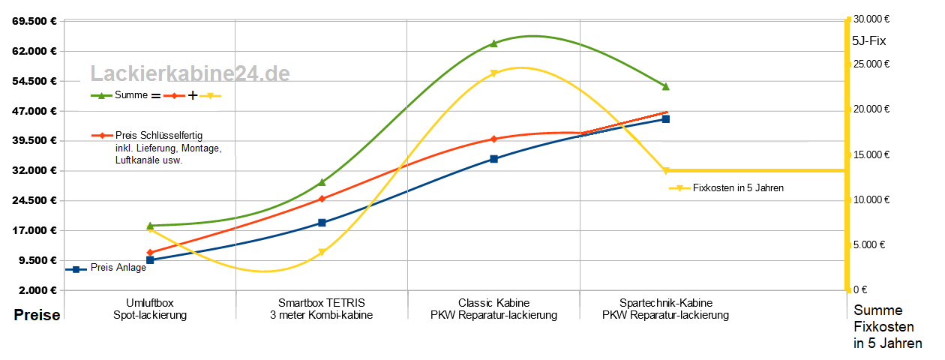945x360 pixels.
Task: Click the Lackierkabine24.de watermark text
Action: pyautogui.click(x=190, y=73)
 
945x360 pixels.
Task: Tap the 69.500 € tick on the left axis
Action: pyautogui.click(x=35, y=21)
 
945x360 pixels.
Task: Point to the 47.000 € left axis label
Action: pyautogui.click(x=35, y=111)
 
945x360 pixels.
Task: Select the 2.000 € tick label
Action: pyautogui.click(x=37, y=290)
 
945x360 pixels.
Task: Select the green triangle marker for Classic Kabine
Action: pyautogui.click(x=493, y=43)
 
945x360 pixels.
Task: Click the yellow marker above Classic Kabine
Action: pyautogui.click(x=493, y=73)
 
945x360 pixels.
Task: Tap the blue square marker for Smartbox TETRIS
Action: pyautogui.click(x=322, y=223)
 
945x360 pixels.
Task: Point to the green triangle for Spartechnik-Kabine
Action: pyautogui.click(x=665, y=87)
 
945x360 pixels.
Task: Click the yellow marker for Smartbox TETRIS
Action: pyautogui.click(x=322, y=253)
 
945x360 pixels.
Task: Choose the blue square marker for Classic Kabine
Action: pyautogui.click(x=493, y=159)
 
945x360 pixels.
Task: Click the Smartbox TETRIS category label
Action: pyautogui.click(x=321, y=303)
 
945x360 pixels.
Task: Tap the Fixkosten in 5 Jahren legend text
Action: pyautogui.click(x=738, y=188)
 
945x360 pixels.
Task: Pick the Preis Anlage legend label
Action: pyautogui.click(x=118, y=268)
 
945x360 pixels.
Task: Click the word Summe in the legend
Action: pyautogui.click(x=131, y=95)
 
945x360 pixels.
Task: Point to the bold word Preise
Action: pyautogui.click(x=37, y=316)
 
